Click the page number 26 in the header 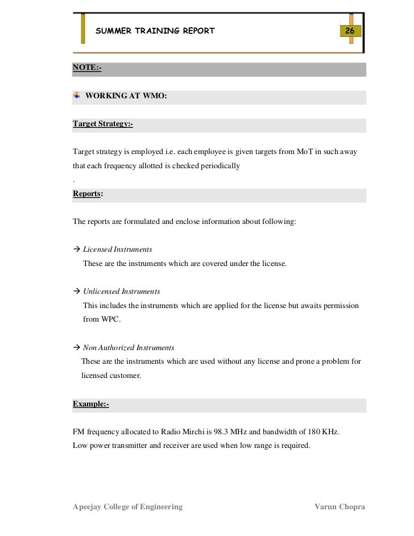350,31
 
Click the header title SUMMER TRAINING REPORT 155,31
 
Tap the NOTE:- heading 87,68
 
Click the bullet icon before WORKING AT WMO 77,95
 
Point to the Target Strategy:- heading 102,124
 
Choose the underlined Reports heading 86,193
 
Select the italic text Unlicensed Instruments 122,292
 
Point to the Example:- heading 91,404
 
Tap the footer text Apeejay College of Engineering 128,506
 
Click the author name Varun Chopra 340,506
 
